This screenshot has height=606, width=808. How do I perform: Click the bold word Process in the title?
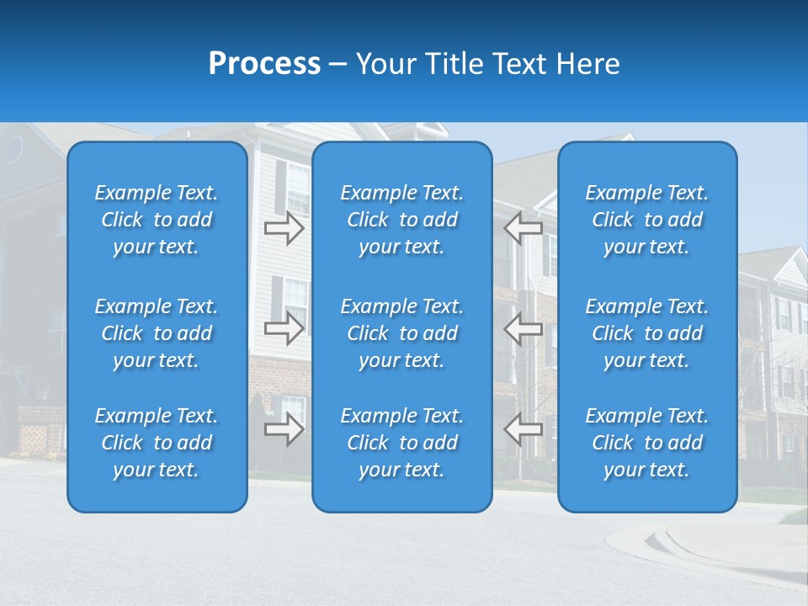click(264, 64)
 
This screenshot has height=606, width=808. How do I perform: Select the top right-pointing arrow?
click(284, 228)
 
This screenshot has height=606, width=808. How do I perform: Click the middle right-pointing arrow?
click(284, 328)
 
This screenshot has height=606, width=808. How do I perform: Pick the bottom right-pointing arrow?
click(284, 430)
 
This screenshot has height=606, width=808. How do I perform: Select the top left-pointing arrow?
click(523, 227)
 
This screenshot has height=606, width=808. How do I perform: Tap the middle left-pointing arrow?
click(523, 328)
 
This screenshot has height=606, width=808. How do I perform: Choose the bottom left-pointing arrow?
click(523, 429)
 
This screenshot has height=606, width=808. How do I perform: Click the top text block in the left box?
click(157, 220)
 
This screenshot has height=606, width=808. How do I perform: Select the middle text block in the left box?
click(157, 333)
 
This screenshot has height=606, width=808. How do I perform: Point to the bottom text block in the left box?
click(157, 443)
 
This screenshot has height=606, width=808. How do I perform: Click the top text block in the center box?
click(401, 220)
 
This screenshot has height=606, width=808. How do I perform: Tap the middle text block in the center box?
click(401, 333)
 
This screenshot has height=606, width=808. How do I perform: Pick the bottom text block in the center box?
click(401, 443)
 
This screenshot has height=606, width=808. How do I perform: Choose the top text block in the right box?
click(646, 220)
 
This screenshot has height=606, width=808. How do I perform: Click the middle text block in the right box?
click(646, 333)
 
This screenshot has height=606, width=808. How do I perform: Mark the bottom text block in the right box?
click(646, 443)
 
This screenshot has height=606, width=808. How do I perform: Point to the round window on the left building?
click(14, 149)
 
